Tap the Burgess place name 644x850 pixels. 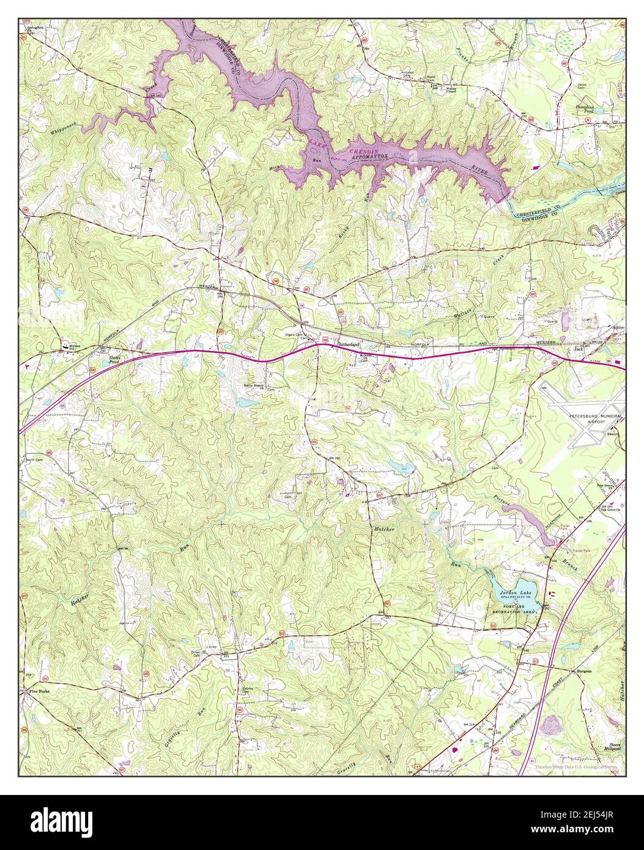coord(583,671)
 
